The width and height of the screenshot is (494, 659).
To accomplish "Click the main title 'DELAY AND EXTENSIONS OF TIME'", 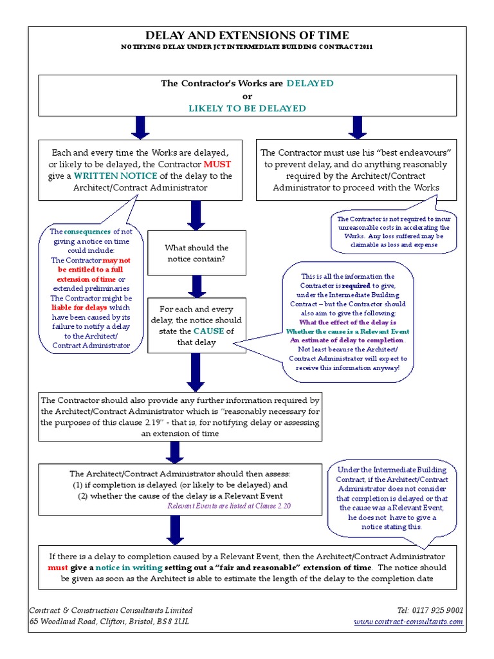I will click(x=247, y=35).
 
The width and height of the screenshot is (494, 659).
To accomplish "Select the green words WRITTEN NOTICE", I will click(x=105, y=176).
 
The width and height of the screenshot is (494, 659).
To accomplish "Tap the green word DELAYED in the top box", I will click(x=310, y=84).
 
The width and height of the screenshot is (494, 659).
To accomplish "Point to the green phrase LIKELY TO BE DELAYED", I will click(x=247, y=108).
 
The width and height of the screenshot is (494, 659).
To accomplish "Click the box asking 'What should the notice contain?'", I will click(x=197, y=254).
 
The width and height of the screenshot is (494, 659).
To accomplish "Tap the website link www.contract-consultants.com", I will click(x=409, y=622).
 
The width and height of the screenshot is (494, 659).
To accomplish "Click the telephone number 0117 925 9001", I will click(x=431, y=610).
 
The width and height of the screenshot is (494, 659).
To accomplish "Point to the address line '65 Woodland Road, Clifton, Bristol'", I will click(x=109, y=622).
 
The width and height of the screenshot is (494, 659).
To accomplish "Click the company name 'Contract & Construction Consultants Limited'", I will click(x=111, y=610).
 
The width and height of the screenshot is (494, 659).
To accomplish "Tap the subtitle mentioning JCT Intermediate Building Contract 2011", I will click(x=247, y=48).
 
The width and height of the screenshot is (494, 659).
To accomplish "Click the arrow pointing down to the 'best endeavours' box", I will click(x=356, y=126).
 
